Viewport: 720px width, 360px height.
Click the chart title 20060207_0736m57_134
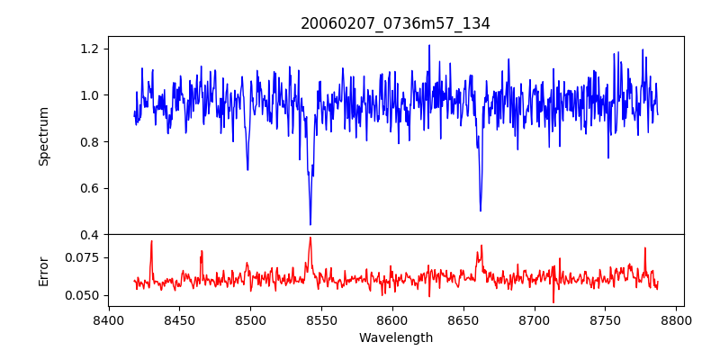(x=395, y=23)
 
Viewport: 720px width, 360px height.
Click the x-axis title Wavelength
(x=395, y=337)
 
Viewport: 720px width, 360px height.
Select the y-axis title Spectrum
(x=44, y=136)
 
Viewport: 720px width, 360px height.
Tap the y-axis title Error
(x=44, y=270)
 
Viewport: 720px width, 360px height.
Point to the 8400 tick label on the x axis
(x=109, y=319)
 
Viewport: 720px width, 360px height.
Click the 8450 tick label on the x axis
(x=179, y=319)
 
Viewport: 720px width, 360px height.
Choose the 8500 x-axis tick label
(x=250, y=319)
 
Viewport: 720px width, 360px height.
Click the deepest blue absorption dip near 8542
(x=310, y=224)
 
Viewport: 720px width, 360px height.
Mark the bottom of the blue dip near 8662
(x=481, y=211)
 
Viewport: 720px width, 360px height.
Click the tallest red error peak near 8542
(x=310, y=238)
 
